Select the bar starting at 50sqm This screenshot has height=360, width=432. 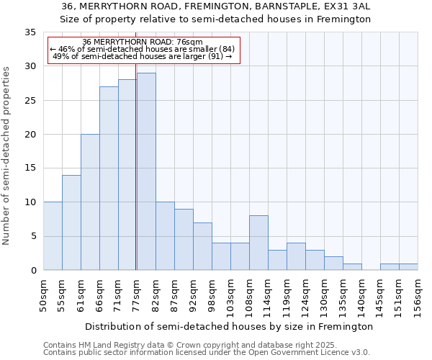(x=53, y=236)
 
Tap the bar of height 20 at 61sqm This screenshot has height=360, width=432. (x=90, y=202)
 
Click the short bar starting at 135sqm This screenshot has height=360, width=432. (x=352, y=266)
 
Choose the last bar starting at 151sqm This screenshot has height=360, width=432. (x=408, y=266)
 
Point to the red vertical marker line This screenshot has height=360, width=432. (x=136, y=158)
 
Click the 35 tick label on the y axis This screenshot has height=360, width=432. (x=30, y=32)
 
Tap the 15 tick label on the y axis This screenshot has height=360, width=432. (x=30, y=168)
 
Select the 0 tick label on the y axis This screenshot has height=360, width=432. (x=33, y=271)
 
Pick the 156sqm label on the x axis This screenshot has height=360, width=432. (x=418, y=295)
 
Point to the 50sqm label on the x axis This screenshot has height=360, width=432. (x=44, y=295)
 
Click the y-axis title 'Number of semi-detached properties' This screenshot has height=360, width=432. (x=7, y=156)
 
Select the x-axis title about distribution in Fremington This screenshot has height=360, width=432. (x=230, y=326)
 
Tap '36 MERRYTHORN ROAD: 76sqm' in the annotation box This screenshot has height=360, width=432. (x=143, y=42)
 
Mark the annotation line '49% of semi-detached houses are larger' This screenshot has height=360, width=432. (x=143, y=57)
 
